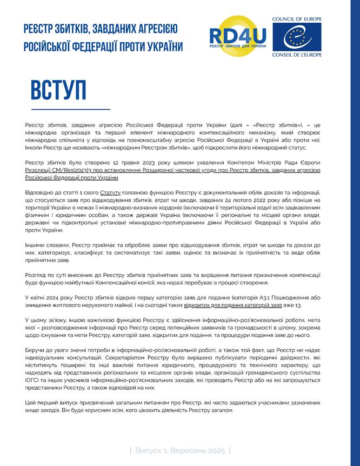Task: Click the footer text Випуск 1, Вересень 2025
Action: pyautogui.click(x=180, y=450)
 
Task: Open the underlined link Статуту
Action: pyautogui.click(x=110, y=192)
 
